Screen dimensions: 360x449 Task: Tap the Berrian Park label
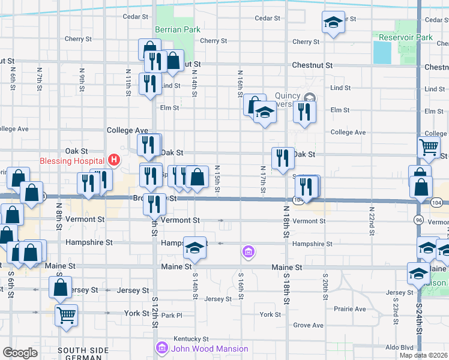pos(178,29)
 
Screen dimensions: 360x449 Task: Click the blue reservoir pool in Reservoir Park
pos(381,53)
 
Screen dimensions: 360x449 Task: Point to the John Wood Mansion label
pos(209,349)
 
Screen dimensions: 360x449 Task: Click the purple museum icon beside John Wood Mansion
pos(161,348)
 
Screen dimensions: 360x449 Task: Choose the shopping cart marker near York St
pos(66,314)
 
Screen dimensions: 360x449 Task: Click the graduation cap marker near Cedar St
pos(332,23)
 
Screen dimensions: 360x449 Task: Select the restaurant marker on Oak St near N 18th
pos(283,158)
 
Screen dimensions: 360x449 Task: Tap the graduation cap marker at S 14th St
pos(194,247)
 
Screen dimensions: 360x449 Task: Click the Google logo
pos(20,353)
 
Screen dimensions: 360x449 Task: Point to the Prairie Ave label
pos(351,309)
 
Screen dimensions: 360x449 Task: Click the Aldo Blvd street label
pos(399,347)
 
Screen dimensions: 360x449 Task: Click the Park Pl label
pos(171,315)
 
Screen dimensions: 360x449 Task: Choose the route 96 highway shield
pos(418,220)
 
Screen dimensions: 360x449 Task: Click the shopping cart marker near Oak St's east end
pos(429,146)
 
